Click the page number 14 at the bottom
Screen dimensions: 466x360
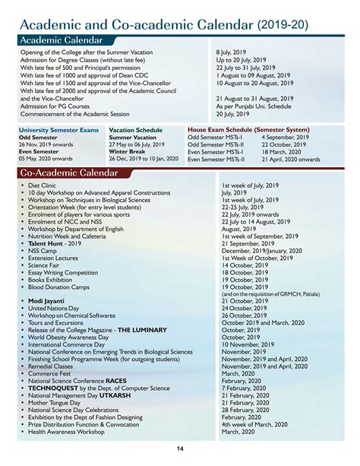(179, 449)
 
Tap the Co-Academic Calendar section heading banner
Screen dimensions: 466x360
(68, 174)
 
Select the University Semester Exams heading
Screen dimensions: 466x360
(58, 130)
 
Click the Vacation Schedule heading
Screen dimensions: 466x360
(135, 130)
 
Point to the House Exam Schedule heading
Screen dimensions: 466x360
(248, 130)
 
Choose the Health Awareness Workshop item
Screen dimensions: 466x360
(66, 433)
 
